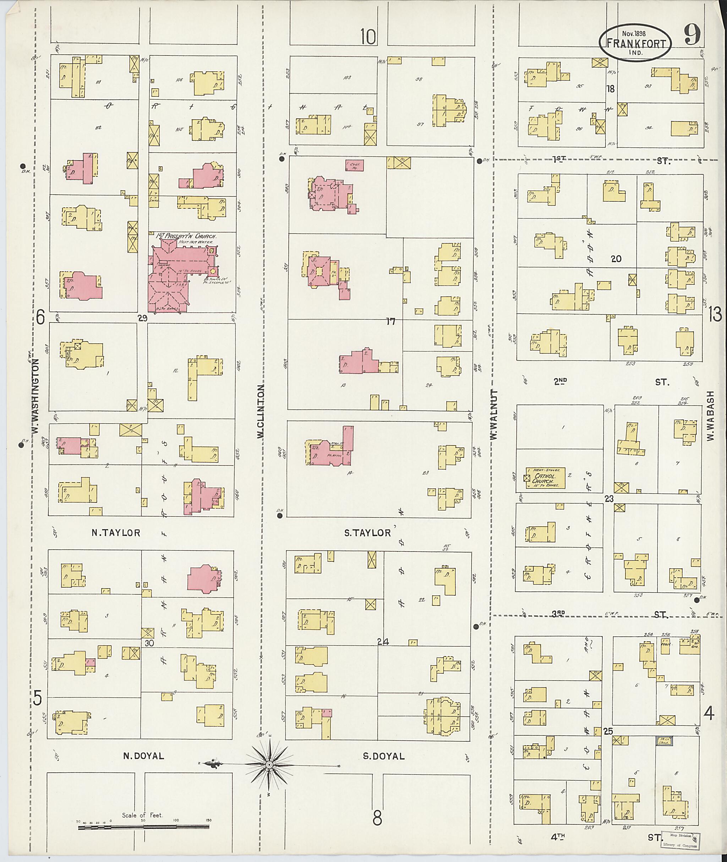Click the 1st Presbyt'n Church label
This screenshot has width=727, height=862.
coord(187,236)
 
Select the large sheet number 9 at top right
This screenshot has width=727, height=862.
coord(692,35)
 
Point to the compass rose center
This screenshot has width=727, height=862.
coord(269,765)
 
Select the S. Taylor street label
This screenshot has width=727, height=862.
coord(367,533)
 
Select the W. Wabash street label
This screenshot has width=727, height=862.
coord(710,416)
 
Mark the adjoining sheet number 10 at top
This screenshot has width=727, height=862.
coord(368,36)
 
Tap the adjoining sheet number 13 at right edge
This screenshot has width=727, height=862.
coord(715,315)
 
